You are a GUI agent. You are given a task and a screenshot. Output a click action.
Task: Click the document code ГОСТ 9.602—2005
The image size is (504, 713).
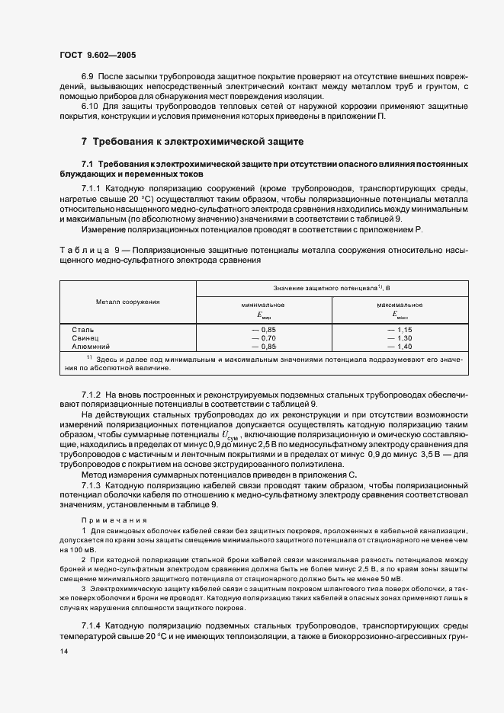(98, 55)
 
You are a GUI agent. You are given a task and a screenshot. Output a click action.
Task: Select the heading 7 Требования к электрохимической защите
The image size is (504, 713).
(193, 141)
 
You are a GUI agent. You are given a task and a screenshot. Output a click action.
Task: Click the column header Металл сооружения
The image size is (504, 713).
(128, 302)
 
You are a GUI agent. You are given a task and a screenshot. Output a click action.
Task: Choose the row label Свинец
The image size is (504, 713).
(85, 337)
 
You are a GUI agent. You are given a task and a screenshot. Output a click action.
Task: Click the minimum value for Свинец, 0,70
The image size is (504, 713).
(264, 337)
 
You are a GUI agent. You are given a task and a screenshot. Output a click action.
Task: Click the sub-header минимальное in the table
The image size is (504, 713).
(263, 304)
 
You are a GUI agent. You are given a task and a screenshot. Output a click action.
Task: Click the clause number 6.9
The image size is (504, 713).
(88, 76)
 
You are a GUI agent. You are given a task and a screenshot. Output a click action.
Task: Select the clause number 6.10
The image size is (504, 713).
(90, 106)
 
